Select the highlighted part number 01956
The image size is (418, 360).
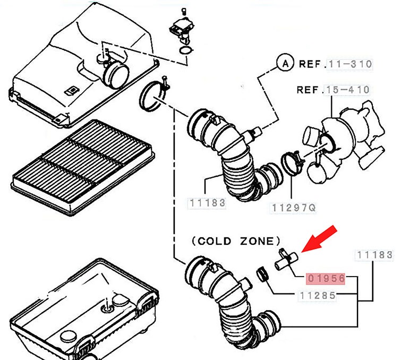[326, 278]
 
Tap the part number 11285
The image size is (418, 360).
[317, 296]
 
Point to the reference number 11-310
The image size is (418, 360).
[350, 64]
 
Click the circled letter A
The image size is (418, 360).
[285, 63]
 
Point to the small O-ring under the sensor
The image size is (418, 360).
[185, 50]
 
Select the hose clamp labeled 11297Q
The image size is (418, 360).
[291, 162]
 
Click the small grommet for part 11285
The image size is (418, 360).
[262, 275]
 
